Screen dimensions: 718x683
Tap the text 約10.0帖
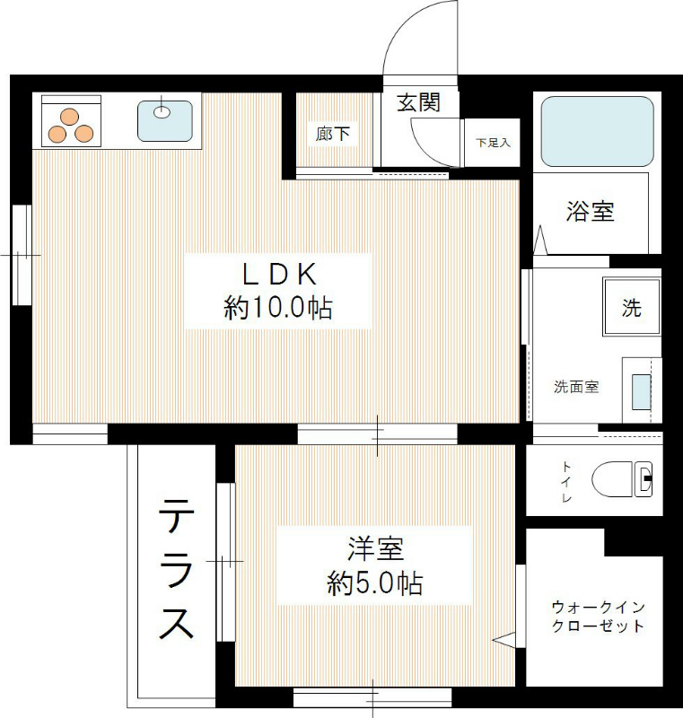[x=277, y=309]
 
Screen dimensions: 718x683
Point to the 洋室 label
[x=374, y=547]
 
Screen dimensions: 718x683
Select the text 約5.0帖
[x=374, y=584]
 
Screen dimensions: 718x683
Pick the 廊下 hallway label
[x=333, y=135]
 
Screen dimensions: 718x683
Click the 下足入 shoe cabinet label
[x=493, y=142]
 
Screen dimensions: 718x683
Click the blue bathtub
[x=597, y=131]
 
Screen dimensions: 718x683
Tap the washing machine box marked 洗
[x=632, y=308]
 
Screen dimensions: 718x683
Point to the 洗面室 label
[x=575, y=388]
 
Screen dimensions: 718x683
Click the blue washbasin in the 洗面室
[x=643, y=391]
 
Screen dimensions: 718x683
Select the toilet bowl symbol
[x=623, y=478]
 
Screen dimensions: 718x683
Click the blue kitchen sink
[x=164, y=120]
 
